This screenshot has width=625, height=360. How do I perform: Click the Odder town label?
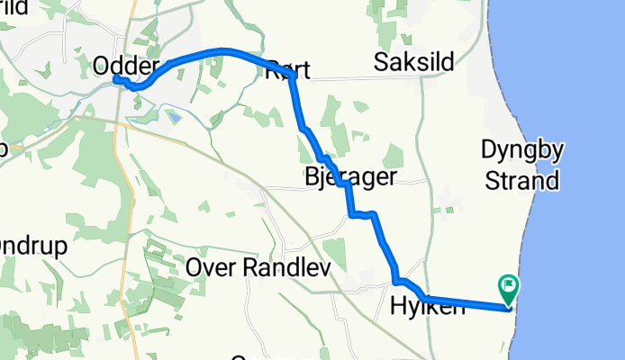(x=126, y=66)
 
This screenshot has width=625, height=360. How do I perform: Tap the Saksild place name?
(x=415, y=62)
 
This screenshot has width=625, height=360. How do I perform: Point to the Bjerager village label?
(x=350, y=176)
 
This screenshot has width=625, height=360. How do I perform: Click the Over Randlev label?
(x=258, y=268)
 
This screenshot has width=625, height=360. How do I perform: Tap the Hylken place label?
(x=428, y=307)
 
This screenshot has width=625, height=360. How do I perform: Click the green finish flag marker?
(x=508, y=289)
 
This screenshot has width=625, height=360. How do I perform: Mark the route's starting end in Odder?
(x=116, y=80)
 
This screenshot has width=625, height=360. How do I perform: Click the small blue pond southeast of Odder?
(x=174, y=116)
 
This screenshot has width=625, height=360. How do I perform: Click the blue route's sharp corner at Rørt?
(x=293, y=76)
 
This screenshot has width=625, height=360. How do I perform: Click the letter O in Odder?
(x=103, y=66)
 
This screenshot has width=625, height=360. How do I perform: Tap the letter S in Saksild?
(x=381, y=62)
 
